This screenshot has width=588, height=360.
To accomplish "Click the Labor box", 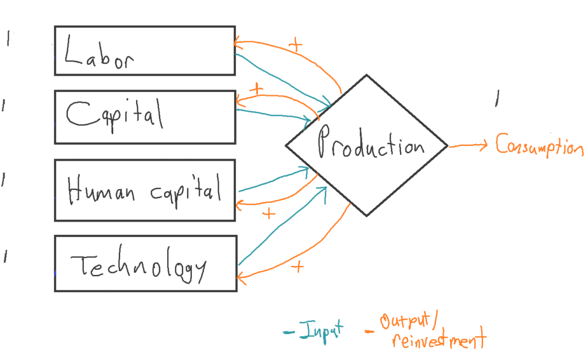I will [144, 50].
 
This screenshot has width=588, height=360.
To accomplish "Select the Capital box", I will [144, 117].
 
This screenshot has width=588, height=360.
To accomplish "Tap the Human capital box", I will [144, 190].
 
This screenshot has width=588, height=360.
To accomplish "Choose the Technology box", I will [145, 263].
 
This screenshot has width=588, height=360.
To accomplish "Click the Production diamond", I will [366, 145].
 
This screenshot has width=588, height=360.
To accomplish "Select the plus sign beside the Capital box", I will [256, 90].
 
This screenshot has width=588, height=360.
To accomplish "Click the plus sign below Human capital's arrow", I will [268, 214].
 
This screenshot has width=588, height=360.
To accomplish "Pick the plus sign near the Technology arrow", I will [297, 267].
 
